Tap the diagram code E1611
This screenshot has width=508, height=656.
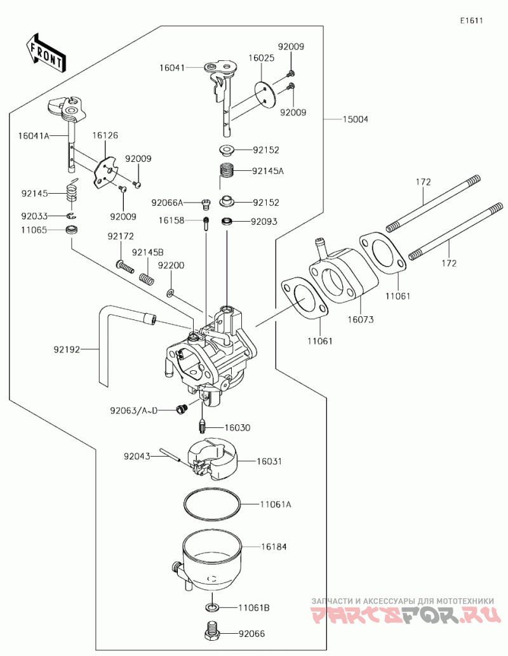(x=472, y=20)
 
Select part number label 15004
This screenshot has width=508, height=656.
(x=355, y=119)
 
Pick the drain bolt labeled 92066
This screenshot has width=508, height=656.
(x=213, y=633)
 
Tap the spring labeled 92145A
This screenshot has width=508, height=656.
(x=227, y=171)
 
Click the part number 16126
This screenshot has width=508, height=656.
(x=105, y=135)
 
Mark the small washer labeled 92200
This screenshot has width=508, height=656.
(x=171, y=293)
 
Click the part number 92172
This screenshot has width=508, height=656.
(x=120, y=236)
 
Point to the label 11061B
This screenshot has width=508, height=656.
(x=255, y=608)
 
